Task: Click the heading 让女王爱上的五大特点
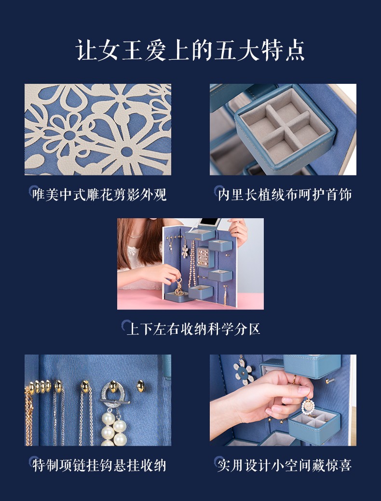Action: tap(190, 50)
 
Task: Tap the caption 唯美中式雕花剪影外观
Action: tap(99, 194)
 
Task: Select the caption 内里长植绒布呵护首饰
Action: tap(285, 194)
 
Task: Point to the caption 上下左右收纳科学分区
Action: tap(193, 329)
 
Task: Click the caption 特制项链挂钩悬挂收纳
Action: tap(99, 465)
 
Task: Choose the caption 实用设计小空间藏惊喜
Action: tap(285, 465)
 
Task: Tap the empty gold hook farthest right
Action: tap(140, 386)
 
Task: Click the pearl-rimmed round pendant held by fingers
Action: tap(308, 406)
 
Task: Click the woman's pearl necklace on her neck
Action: tap(136, 236)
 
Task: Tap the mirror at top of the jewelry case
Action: tap(209, 223)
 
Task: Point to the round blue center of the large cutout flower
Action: tap(127, 151)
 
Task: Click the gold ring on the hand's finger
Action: tap(294, 379)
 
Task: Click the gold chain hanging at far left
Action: tap(29, 415)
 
